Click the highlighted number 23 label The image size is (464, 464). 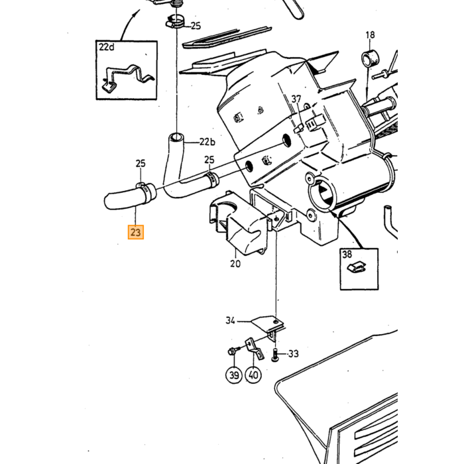[136, 232]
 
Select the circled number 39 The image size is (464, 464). [234, 375]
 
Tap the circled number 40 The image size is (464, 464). [254, 375]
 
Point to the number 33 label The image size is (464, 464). [293, 353]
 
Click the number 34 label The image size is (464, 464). [231, 320]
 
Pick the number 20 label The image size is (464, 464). [235, 263]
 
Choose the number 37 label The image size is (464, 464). [296, 99]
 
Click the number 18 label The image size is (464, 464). [370, 35]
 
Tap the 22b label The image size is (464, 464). [207, 142]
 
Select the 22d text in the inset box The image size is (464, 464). [107, 47]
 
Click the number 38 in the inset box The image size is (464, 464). [347, 254]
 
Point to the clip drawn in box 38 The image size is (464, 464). [357, 268]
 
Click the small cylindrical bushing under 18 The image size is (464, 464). [370, 59]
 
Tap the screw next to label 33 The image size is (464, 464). [274, 355]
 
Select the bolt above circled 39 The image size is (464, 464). [233, 352]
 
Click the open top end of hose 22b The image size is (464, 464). [176, 137]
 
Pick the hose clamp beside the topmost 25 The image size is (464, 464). [176, 22]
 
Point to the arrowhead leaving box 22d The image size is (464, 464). [138, 13]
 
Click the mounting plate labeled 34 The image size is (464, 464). [269, 324]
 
